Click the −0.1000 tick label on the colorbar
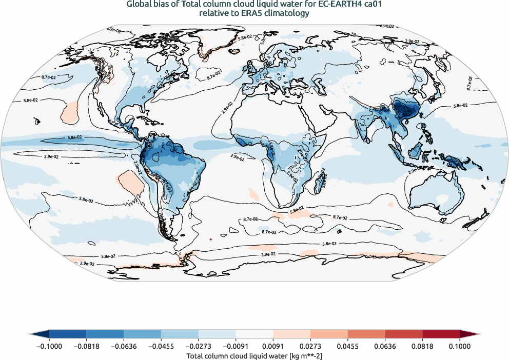(x=49, y=346)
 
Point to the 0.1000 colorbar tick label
(x=459, y=346)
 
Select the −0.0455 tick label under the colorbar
(x=161, y=346)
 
